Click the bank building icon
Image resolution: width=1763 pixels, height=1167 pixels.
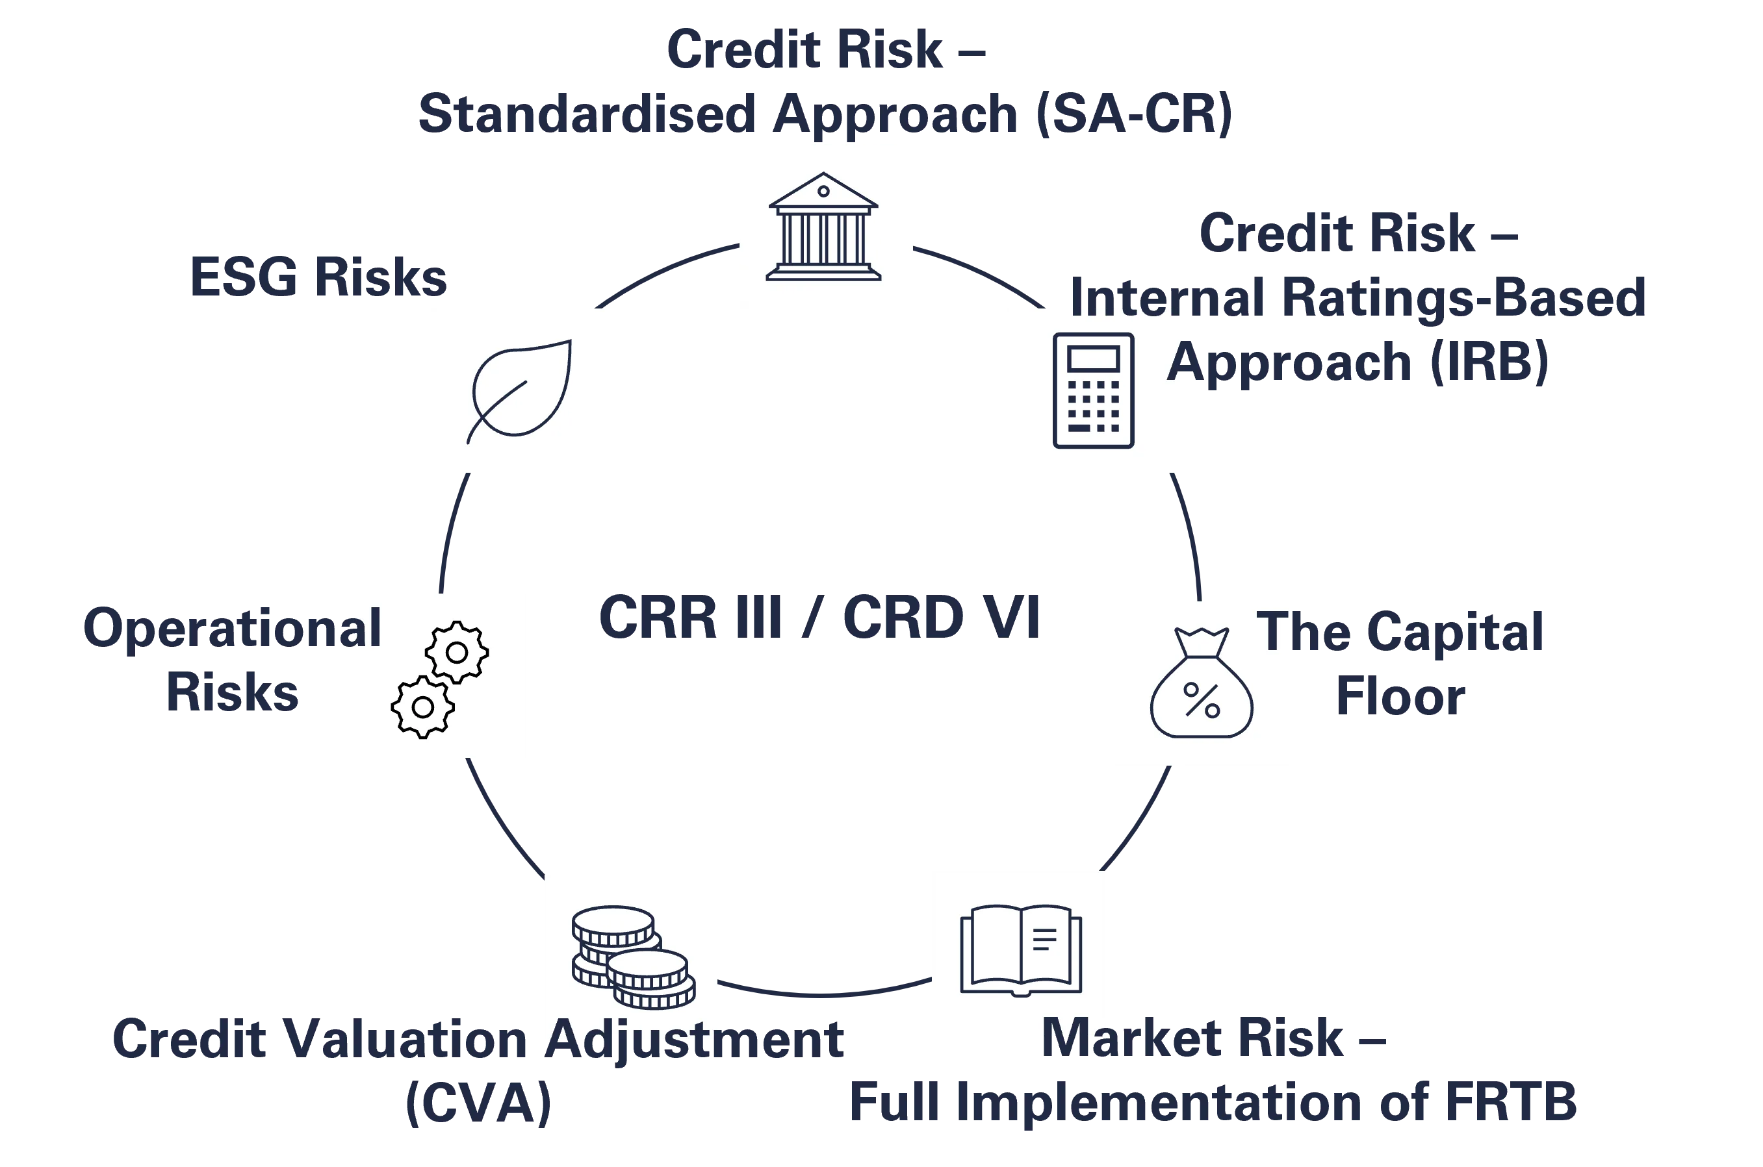823,227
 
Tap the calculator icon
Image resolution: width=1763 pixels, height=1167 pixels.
1093,391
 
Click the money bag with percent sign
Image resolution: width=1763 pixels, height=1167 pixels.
1201,683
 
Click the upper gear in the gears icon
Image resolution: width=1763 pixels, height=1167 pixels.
456,653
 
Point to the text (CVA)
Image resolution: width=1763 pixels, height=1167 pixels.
479,1104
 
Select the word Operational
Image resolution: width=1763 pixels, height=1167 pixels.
231,629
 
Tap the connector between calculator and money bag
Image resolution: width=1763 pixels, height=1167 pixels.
1189,536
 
